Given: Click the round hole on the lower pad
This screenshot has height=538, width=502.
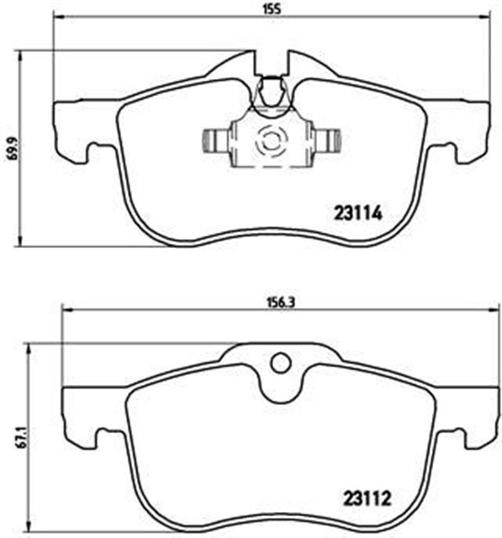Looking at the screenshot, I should [x=279, y=362].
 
